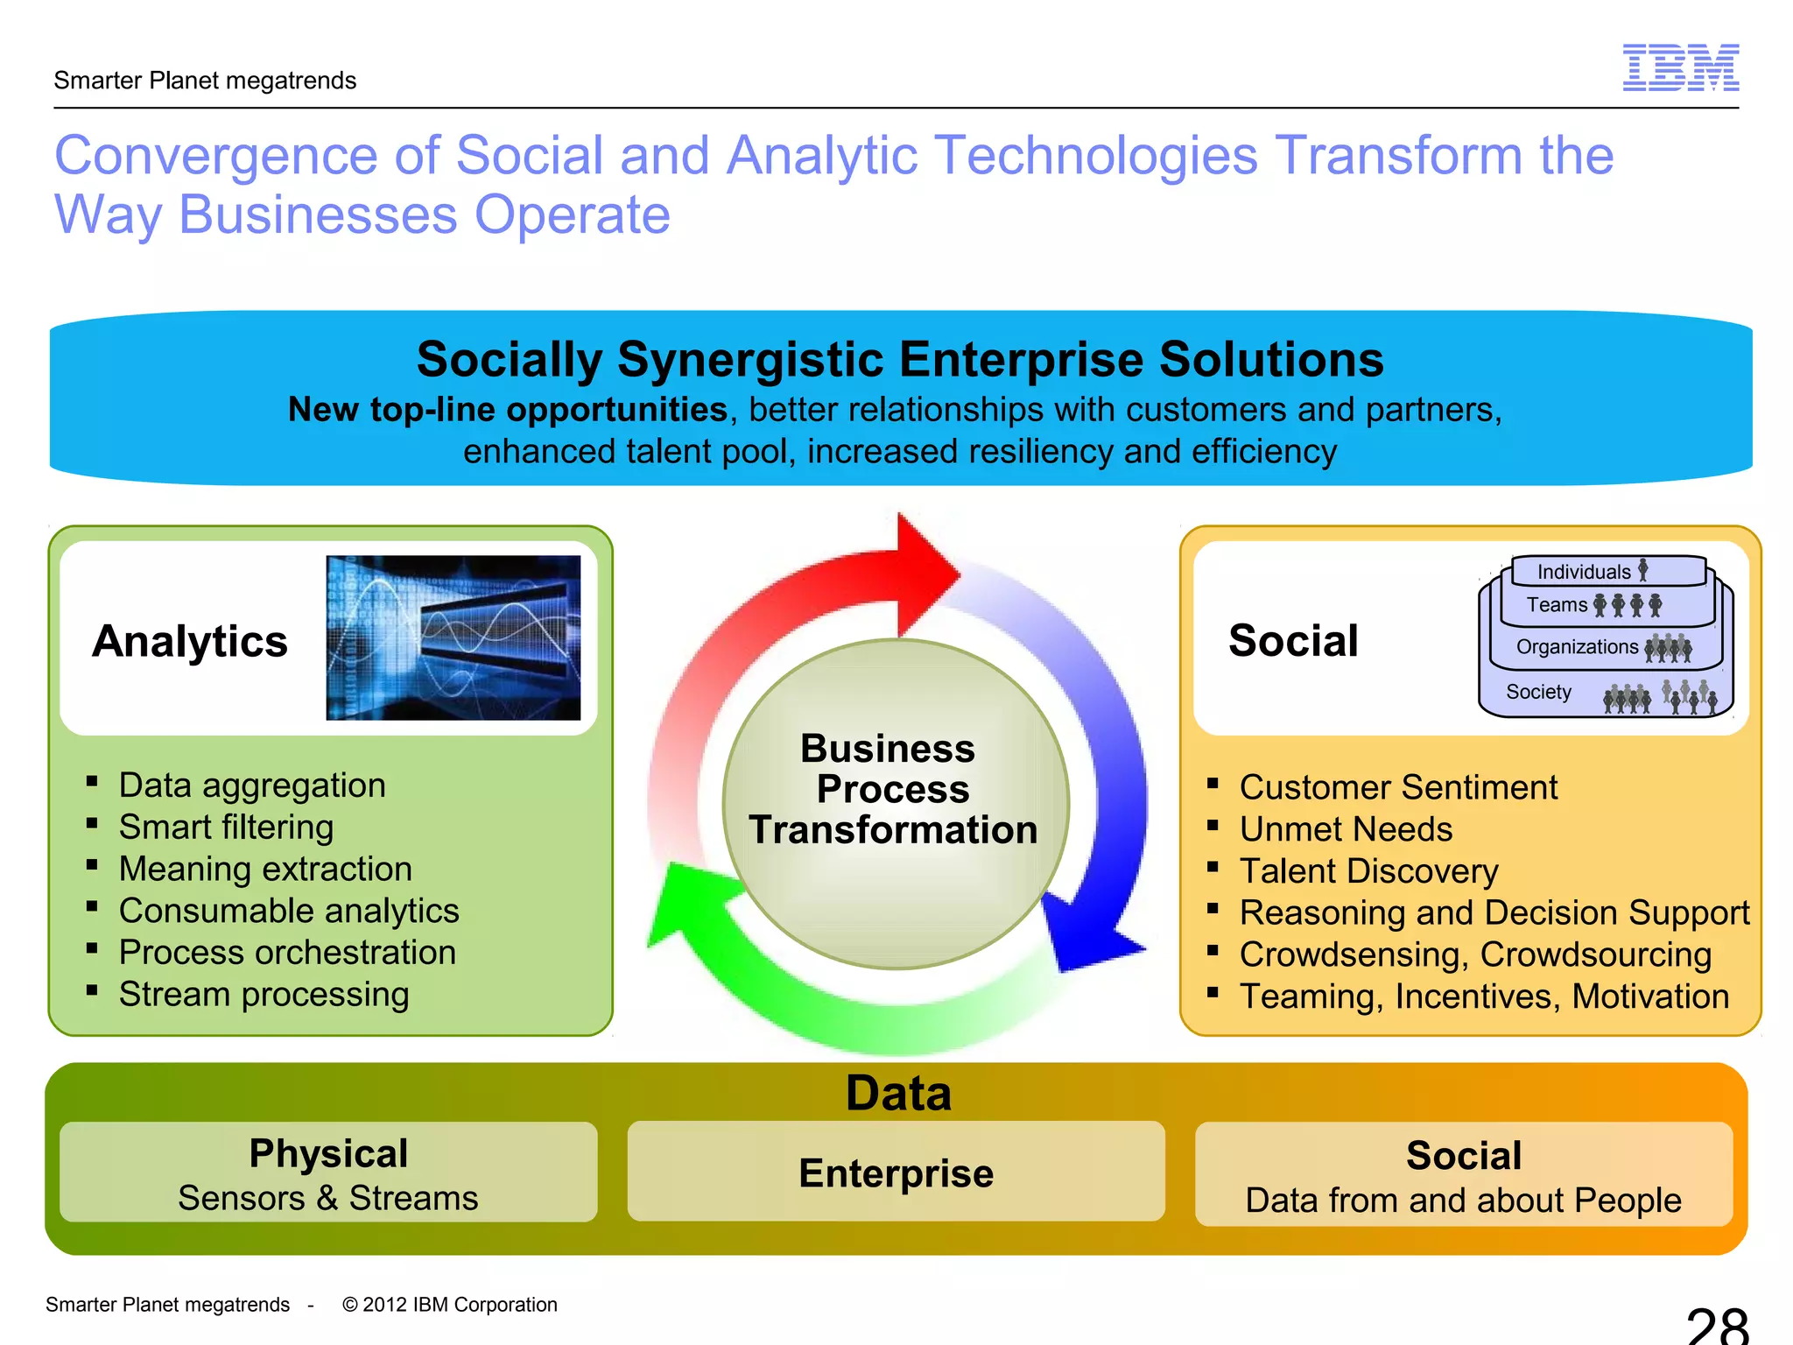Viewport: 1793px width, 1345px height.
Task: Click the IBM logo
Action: click(1680, 67)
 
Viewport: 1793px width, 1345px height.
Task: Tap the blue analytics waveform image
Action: click(453, 637)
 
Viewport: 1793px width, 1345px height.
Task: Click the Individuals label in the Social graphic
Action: click(1584, 572)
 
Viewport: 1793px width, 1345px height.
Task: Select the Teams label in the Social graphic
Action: click(1557, 605)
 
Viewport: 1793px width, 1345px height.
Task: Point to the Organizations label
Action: click(1577, 647)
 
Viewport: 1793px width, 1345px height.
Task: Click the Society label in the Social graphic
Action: click(1538, 692)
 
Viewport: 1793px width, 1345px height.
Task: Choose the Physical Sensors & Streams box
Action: click(328, 1173)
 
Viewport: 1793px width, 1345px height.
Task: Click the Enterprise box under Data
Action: click(896, 1172)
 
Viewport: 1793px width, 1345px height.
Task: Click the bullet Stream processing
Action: click(264, 995)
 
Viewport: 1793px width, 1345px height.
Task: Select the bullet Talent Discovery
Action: click(1368, 871)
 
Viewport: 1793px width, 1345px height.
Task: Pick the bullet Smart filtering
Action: click(226, 827)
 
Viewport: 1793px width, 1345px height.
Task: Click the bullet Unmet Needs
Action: click(1346, 829)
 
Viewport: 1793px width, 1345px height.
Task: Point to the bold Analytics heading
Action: click(190, 641)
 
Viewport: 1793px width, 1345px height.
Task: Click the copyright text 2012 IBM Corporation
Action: click(450, 1305)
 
